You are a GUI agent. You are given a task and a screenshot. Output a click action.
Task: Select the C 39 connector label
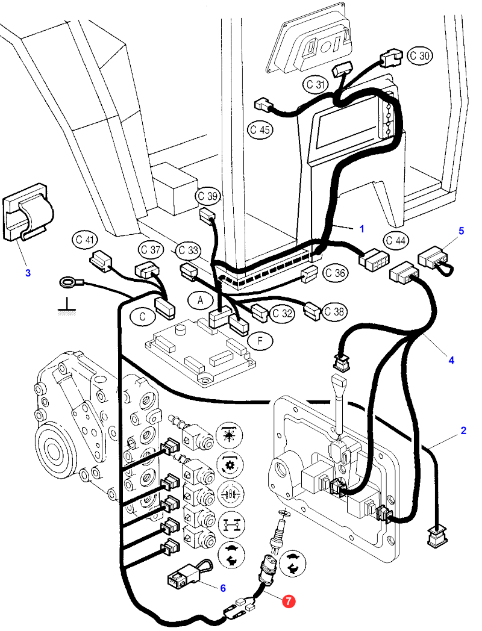point(208,196)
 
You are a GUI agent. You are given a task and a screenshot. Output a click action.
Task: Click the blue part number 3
point(28,272)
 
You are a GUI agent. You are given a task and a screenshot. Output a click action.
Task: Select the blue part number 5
point(462,231)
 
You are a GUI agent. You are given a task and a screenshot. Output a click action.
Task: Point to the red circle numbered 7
point(289,601)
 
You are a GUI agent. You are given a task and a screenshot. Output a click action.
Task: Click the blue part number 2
point(463,431)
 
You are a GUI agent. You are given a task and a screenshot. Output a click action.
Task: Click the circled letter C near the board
point(142,315)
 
